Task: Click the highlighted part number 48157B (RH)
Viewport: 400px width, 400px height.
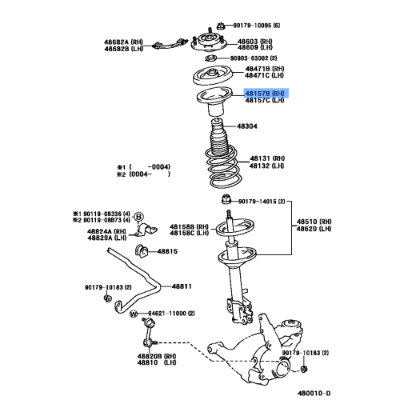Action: pyautogui.click(x=265, y=94)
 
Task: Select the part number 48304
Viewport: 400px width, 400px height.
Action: pyautogui.click(x=247, y=126)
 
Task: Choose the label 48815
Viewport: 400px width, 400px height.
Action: pyautogui.click(x=166, y=251)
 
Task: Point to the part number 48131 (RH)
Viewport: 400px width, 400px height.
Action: pyautogui.click(x=266, y=158)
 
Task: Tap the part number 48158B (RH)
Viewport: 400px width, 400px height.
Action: pyautogui.click(x=191, y=226)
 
